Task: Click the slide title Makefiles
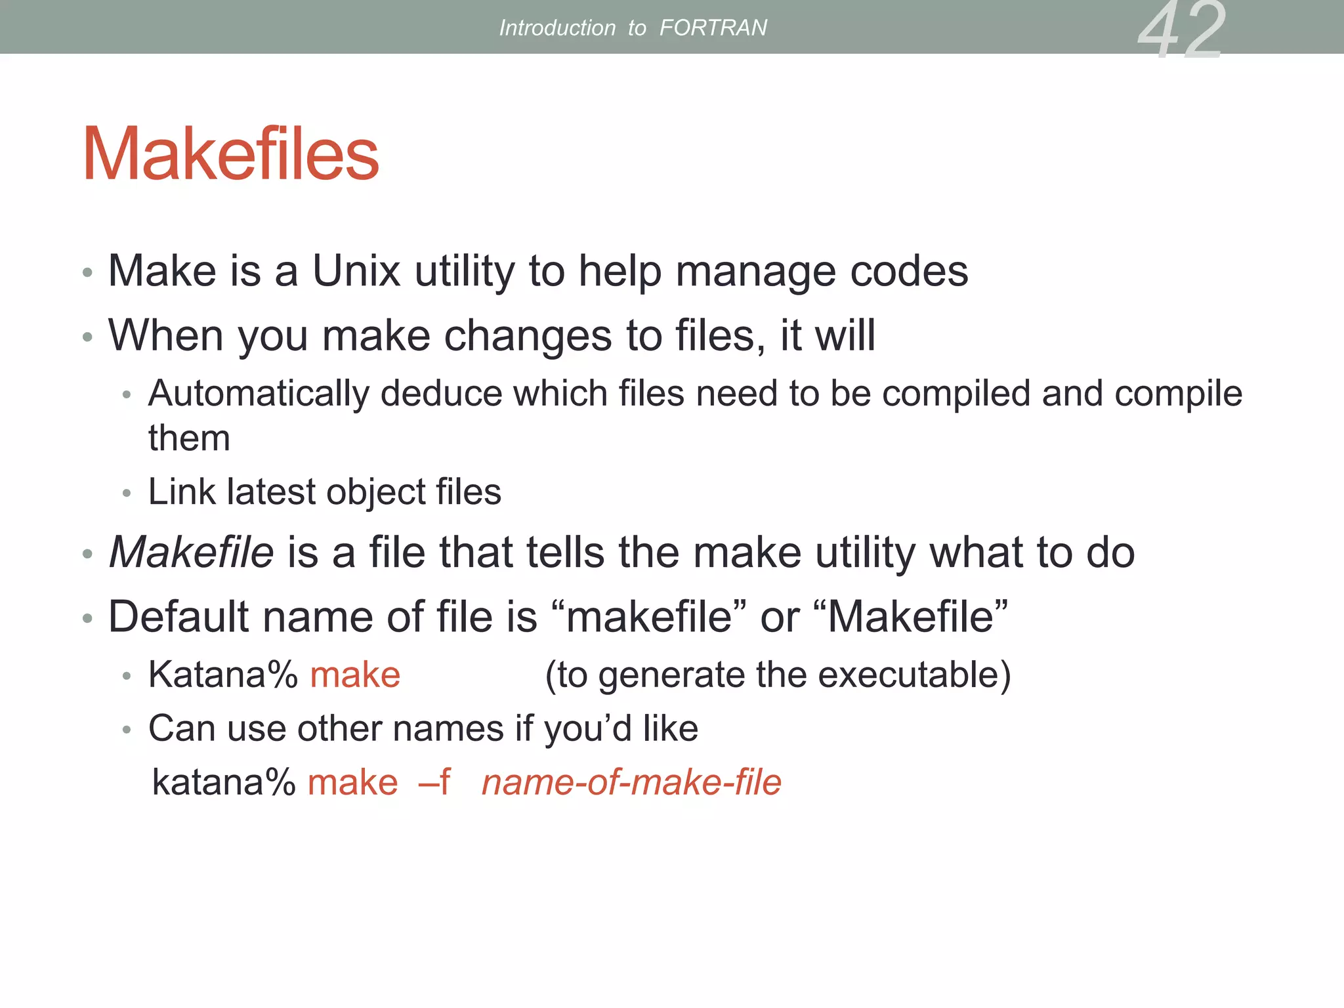(x=230, y=154)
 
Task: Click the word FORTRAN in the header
(x=713, y=28)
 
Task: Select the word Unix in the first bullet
(x=356, y=270)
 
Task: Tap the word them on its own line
(x=189, y=438)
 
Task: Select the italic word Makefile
(x=191, y=552)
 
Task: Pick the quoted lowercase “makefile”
(x=648, y=617)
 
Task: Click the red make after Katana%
(x=355, y=675)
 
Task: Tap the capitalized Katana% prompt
(x=223, y=675)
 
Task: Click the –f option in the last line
(x=435, y=782)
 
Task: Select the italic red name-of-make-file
(x=631, y=782)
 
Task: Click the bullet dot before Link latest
(x=127, y=493)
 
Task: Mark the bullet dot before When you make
(x=87, y=338)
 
